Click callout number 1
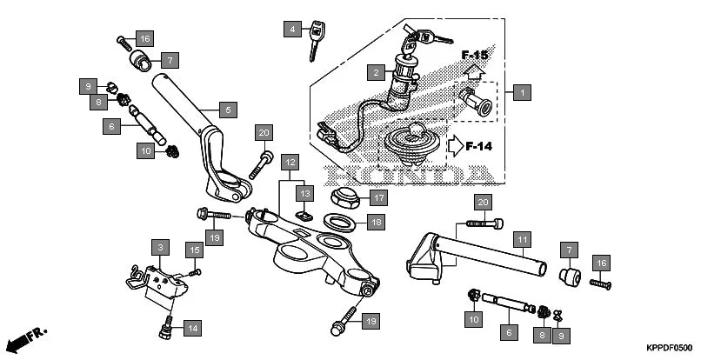click(521, 91)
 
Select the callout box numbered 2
click(375, 72)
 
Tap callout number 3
click(159, 247)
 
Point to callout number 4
click(292, 30)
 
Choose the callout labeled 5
click(227, 110)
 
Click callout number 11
click(520, 238)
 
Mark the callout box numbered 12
click(290, 163)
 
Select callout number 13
click(304, 192)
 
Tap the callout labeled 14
click(192, 328)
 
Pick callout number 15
click(195, 250)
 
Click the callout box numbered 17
click(378, 197)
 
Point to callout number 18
click(374, 223)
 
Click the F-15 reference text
click(474, 56)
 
